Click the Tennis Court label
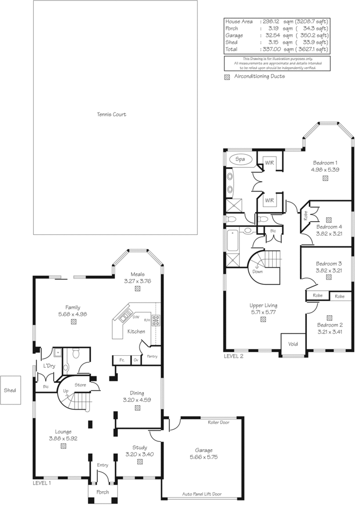point(112,114)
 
